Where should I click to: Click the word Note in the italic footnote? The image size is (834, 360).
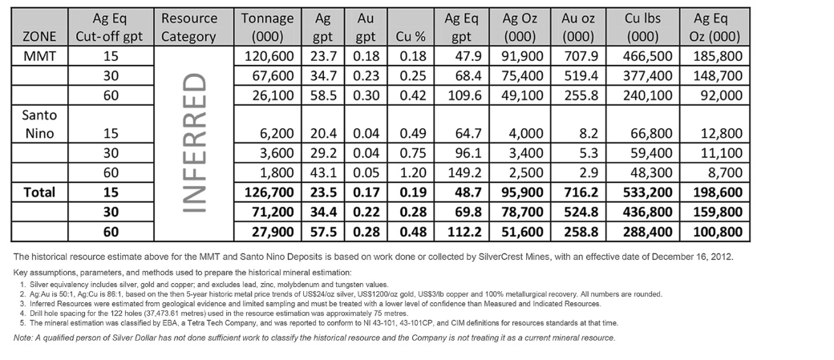click(23, 338)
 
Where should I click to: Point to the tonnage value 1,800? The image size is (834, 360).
click(273, 172)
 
